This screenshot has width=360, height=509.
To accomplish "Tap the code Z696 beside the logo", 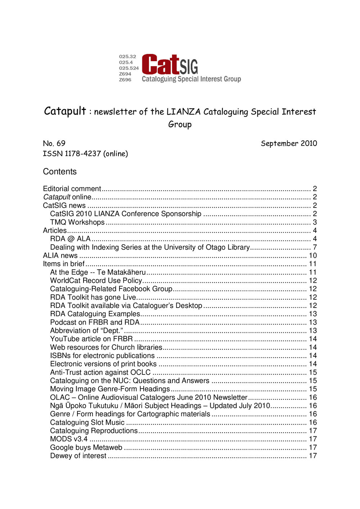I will click(125, 80).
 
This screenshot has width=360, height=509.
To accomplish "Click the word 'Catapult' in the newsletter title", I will click(65, 111).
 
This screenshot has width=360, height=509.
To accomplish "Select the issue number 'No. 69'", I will click(54, 144).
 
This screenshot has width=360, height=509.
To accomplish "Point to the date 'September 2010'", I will click(289, 144).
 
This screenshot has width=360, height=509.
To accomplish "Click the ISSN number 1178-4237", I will click(83, 154).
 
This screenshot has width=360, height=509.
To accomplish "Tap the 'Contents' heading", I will click(60, 172).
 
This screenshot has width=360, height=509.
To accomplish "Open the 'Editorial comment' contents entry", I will click(72, 189).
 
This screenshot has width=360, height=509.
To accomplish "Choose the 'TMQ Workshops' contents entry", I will click(77, 222).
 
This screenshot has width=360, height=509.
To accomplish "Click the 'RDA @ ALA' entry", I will click(70, 239).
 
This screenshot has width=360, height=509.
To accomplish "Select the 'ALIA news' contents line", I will click(60, 255).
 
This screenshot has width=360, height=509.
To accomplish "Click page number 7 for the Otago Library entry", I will click(315, 247).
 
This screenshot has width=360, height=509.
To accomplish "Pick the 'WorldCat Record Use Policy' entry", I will click(96, 281).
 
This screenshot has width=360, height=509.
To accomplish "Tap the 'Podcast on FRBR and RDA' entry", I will click(95, 322).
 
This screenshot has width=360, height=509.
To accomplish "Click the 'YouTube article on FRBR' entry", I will click(91, 339).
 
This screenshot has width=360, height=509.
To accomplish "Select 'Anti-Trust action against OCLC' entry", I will click(100, 372).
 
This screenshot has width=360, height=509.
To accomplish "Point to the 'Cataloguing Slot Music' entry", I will click(87, 422).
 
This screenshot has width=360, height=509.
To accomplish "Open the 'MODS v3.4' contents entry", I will click(69, 439).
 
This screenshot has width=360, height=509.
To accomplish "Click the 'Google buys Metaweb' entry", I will click(86, 447).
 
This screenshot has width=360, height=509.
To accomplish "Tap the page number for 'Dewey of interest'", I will click(313, 456).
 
